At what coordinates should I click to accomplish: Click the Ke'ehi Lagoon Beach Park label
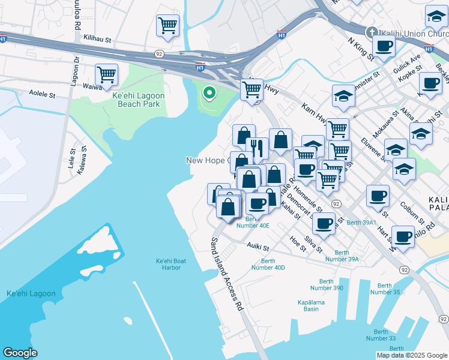139,100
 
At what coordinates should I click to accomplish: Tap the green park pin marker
209,93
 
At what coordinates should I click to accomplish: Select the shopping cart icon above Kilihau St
168,25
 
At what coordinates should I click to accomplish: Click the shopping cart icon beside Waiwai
107,75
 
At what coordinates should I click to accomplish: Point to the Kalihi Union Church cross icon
372,32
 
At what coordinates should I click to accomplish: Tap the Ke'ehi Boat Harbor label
168,264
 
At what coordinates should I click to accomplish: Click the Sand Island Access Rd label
226,274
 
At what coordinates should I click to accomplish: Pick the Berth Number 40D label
273,264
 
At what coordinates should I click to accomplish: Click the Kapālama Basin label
312,305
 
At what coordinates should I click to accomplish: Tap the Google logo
20,353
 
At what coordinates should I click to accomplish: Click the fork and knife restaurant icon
257,146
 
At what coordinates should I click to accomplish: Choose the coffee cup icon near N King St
384,45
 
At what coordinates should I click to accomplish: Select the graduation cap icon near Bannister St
343,96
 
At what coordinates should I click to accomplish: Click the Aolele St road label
42,95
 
